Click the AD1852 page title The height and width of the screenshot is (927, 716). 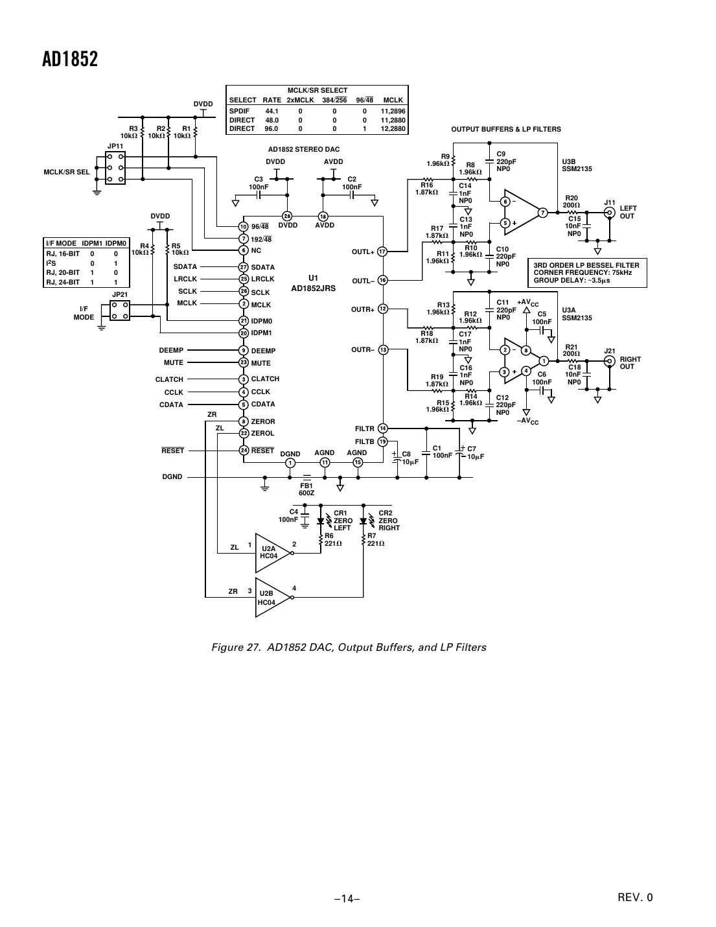[70, 60]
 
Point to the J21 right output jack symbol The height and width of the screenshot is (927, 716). [609, 361]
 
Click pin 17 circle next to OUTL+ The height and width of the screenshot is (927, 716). [382, 252]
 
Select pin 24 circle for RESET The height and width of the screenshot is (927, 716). [244, 450]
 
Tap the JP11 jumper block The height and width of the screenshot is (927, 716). [115, 168]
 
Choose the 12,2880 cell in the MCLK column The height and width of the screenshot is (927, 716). [393, 129]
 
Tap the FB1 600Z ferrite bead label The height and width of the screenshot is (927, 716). [306, 489]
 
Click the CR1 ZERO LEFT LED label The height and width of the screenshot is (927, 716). [343, 521]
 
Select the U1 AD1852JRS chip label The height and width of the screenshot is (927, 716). [313, 283]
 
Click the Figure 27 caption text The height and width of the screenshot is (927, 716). [349, 647]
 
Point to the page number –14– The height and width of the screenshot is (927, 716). [347, 898]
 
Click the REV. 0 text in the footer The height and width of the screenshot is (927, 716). [635, 898]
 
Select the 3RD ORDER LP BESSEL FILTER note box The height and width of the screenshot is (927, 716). [587, 273]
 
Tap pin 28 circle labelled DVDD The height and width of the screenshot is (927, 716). [287, 216]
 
